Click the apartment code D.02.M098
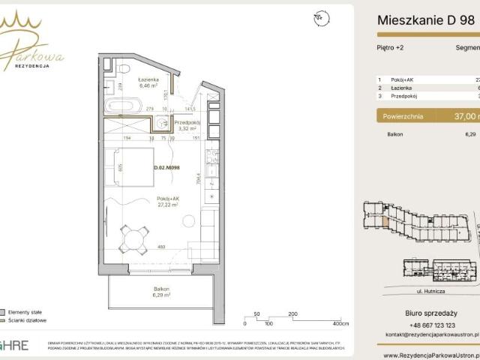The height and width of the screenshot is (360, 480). [x=166, y=168]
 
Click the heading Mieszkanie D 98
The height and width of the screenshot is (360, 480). [x=425, y=21]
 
